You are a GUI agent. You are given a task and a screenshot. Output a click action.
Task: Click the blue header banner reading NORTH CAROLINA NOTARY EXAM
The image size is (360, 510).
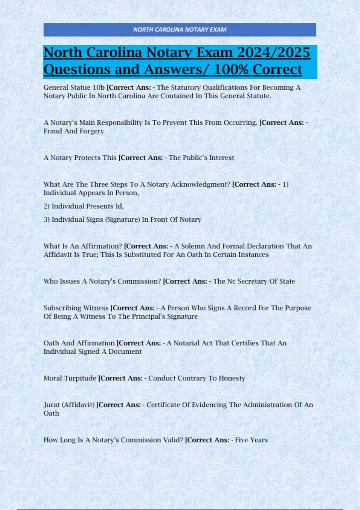click(180, 30)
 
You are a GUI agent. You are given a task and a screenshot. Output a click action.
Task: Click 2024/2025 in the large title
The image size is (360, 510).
click(273, 52)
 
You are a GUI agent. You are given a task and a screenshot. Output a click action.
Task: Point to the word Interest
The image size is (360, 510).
click(221, 158)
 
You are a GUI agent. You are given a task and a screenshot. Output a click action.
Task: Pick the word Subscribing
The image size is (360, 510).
click(61, 308)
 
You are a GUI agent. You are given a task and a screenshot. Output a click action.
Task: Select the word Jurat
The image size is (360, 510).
click(52, 405)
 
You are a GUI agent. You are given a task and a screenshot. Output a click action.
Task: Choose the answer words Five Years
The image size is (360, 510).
click(251, 440)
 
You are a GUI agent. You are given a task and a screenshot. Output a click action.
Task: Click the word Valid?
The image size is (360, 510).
click(173, 440)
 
